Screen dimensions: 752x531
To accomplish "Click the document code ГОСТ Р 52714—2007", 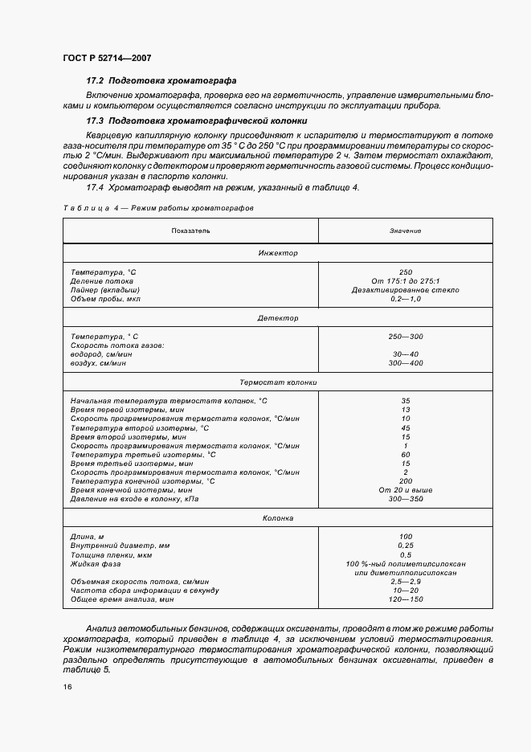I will [x=106, y=58].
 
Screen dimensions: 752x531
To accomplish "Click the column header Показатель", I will [x=190, y=231].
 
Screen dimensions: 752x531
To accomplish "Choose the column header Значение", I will [x=406, y=231].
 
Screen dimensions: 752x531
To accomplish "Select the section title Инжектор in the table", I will [x=278, y=253].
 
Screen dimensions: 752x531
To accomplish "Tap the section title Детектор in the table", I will [x=278, y=318].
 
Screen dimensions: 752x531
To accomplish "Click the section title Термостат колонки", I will [x=278, y=382].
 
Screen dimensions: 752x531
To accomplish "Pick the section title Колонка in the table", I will [x=278, y=519].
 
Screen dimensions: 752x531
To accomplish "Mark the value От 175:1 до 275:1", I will [x=406, y=280].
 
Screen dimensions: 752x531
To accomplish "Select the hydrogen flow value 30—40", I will [x=406, y=354].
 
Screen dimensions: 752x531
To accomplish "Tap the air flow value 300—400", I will [x=406, y=363].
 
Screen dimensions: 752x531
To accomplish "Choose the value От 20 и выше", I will [x=406, y=489].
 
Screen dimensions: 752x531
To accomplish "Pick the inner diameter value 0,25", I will [x=406, y=546].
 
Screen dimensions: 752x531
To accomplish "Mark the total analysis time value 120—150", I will [x=406, y=599].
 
